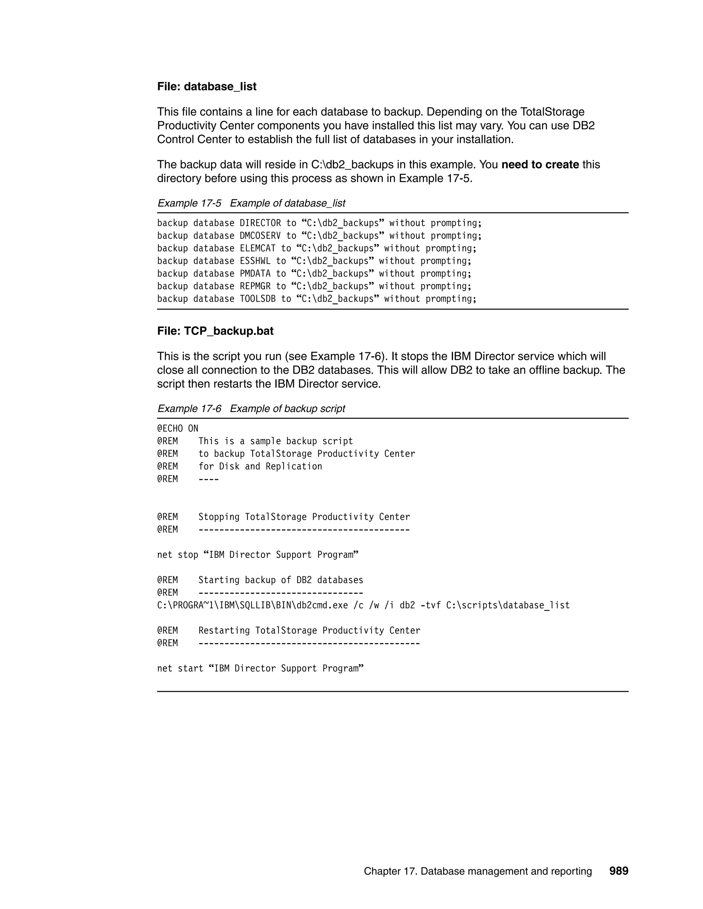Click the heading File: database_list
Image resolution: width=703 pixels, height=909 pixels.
coord(207,86)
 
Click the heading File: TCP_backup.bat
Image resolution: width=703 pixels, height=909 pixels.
coord(215,331)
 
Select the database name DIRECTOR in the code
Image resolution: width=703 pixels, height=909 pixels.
coord(260,223)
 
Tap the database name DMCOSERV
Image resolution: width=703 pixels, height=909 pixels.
coord(260,236)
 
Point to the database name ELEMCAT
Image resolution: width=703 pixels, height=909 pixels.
coord(257,248)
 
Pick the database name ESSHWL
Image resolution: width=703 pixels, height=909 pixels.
coord(255,261)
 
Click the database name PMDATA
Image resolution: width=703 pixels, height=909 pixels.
coord(255,273)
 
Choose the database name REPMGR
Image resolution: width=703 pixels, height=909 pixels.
coord(255,286)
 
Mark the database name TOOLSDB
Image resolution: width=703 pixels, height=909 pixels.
coord(257,299)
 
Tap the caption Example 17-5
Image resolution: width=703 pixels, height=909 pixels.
coord(189,203)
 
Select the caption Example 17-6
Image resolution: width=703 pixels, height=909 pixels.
coord(189,409)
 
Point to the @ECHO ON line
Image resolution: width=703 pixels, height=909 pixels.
coord(177,429)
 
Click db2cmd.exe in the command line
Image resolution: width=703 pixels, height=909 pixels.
coord(322,605)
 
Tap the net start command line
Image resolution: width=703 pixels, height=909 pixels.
coord(260,669)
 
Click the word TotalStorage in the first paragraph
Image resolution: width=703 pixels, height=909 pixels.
coord(552,112)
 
